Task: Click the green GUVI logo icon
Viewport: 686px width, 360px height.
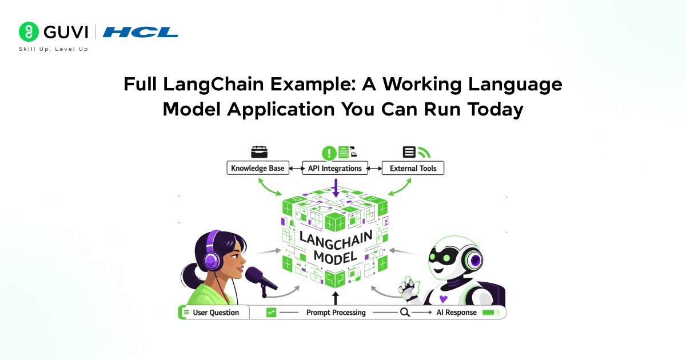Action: tap(29, 32)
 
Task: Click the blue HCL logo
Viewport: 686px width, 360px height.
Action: tap(141, 32)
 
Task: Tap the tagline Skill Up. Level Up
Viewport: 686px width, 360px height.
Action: tap(54, 49)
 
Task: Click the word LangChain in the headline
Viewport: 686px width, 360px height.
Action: tap(214, 84)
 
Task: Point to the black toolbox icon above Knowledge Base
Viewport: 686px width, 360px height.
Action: tap(259, 152)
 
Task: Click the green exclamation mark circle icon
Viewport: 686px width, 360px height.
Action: tap(329, 153)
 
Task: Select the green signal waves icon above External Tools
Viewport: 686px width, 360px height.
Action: tap(424, 152)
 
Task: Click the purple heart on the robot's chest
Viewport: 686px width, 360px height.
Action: tap(442, 299)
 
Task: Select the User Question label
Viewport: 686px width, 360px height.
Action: tap(216, 313)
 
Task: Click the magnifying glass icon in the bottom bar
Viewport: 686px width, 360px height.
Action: tap(405, 313)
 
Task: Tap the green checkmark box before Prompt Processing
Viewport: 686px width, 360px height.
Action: tap(272, 313)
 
